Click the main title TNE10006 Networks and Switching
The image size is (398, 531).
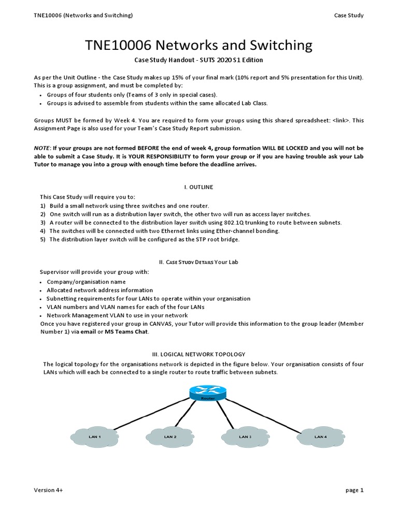(199, 46)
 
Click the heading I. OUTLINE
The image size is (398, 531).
(199, 187)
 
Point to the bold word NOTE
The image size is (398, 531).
(42, 148)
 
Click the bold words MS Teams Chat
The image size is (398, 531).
(126, 332)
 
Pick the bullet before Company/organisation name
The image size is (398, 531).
(40, 282)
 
